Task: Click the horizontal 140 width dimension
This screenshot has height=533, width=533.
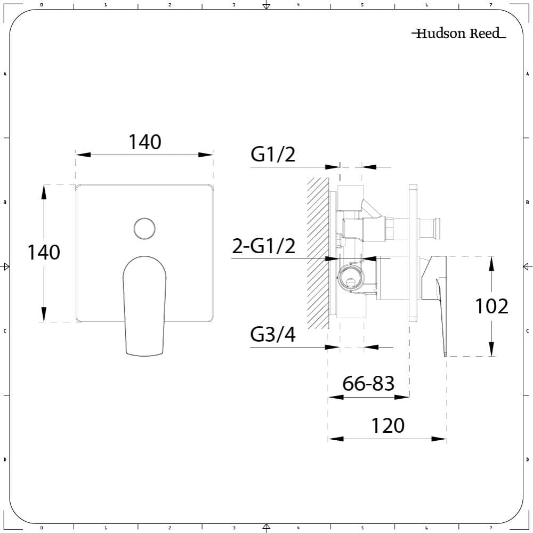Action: click(x=144, y=142)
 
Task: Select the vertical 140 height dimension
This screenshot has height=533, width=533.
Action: click(x=44, y=252)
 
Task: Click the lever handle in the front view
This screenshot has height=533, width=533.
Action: click(x=144, y=304)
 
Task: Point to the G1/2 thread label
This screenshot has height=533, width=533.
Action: click(x=273, y=155)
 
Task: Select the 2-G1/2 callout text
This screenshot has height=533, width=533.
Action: click(x=264, y=246)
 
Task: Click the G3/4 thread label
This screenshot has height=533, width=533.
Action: click(x=273, y=335)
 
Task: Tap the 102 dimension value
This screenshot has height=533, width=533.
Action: click(x=491, y=306)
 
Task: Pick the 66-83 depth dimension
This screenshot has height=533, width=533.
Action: click(x=368, y=383)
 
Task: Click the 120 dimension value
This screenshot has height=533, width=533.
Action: click(x=387, y=426)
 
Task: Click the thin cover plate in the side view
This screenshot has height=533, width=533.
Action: click(x=413, y=253)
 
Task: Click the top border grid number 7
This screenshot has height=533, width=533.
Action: click(x=490, y=5)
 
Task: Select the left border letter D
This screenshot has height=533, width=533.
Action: click(x=5, y=459)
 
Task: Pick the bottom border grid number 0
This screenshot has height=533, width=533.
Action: click(x=41, y=528)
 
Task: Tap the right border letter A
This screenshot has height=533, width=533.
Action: click(x=527, y=74)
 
